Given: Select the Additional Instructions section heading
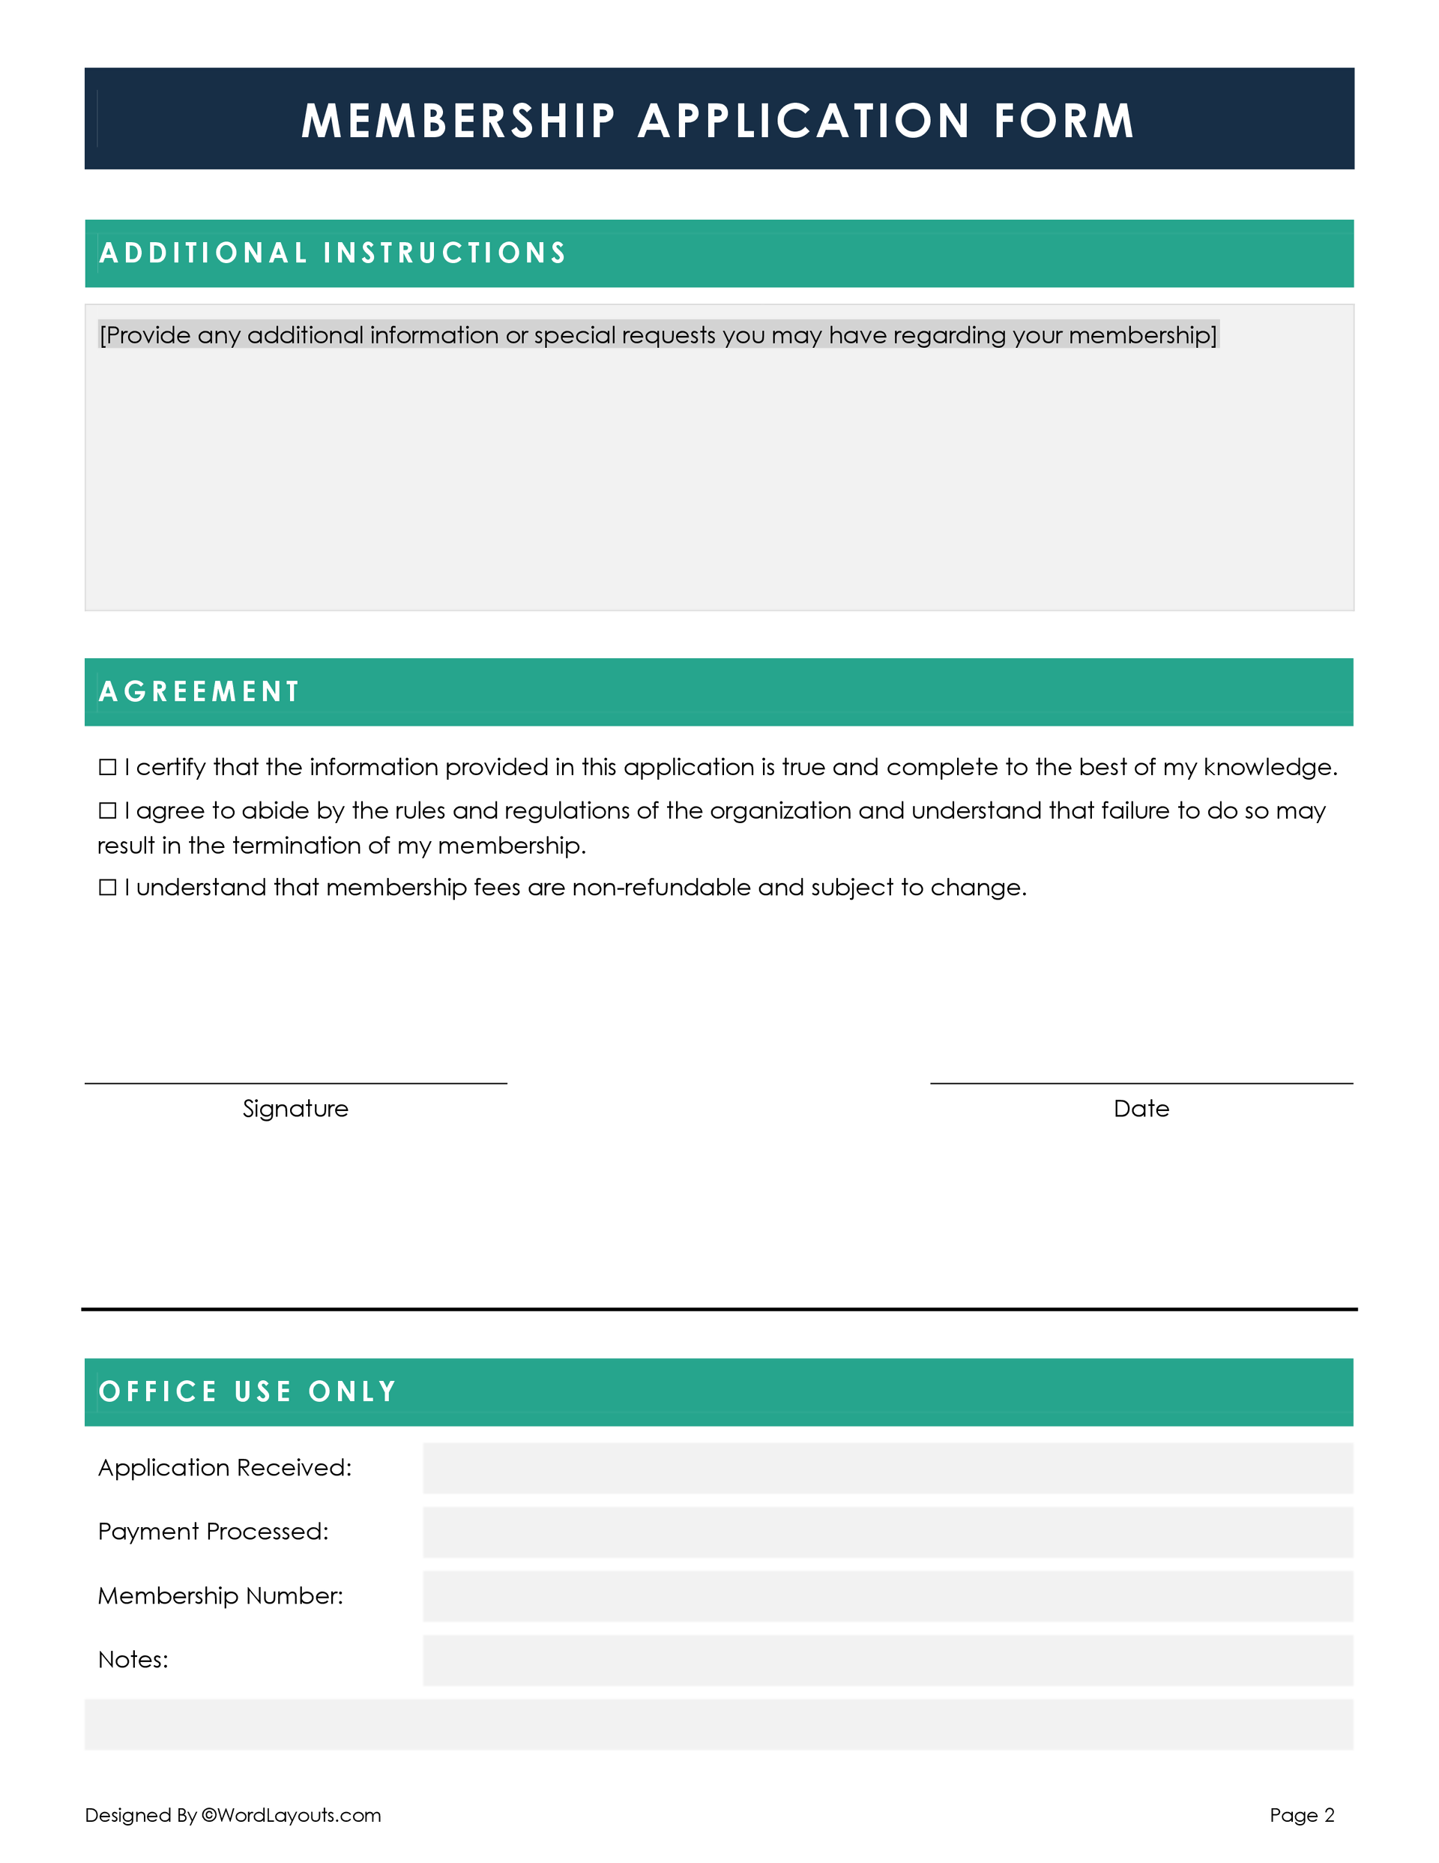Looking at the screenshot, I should tap(333, 253).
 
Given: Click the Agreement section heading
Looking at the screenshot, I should tap(199, 692).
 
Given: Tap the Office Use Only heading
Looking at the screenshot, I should tap(247, 1392).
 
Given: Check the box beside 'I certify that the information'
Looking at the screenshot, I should tap(107, 768).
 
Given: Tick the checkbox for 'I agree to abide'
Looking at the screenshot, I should tap(107, 811).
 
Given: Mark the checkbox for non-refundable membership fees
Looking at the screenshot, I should tap(107, 888).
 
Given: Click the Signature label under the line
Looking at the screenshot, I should tap(295, 1109).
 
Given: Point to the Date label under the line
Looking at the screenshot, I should tap(1141, 1109).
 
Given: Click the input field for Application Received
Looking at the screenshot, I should tap(887, 1468).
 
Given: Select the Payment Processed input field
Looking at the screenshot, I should tap(887, 1532).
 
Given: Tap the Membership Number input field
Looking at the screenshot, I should tap(887, 1596).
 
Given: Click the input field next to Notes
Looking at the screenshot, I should tap(887, 1660).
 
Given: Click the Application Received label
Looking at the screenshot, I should tap(224, 1468).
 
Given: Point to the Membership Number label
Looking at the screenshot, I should tap(220, 1596).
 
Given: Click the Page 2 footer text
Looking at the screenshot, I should tap(1302, 1815).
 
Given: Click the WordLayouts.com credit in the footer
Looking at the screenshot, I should tap(290, 1815).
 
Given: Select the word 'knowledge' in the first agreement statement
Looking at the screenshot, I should tap(1268, 768).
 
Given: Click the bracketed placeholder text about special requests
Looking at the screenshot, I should tap(657, 335).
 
